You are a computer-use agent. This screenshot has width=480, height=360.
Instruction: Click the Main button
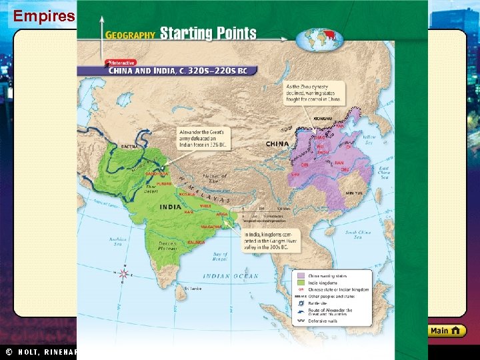446,331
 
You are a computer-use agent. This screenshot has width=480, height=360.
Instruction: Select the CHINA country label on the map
277,144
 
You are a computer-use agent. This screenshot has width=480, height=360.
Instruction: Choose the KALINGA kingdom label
196,242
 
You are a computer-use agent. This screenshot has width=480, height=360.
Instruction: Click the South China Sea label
358,234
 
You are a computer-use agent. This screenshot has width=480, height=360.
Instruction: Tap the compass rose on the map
123,274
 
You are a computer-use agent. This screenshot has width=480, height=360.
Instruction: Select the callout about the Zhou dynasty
314,93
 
